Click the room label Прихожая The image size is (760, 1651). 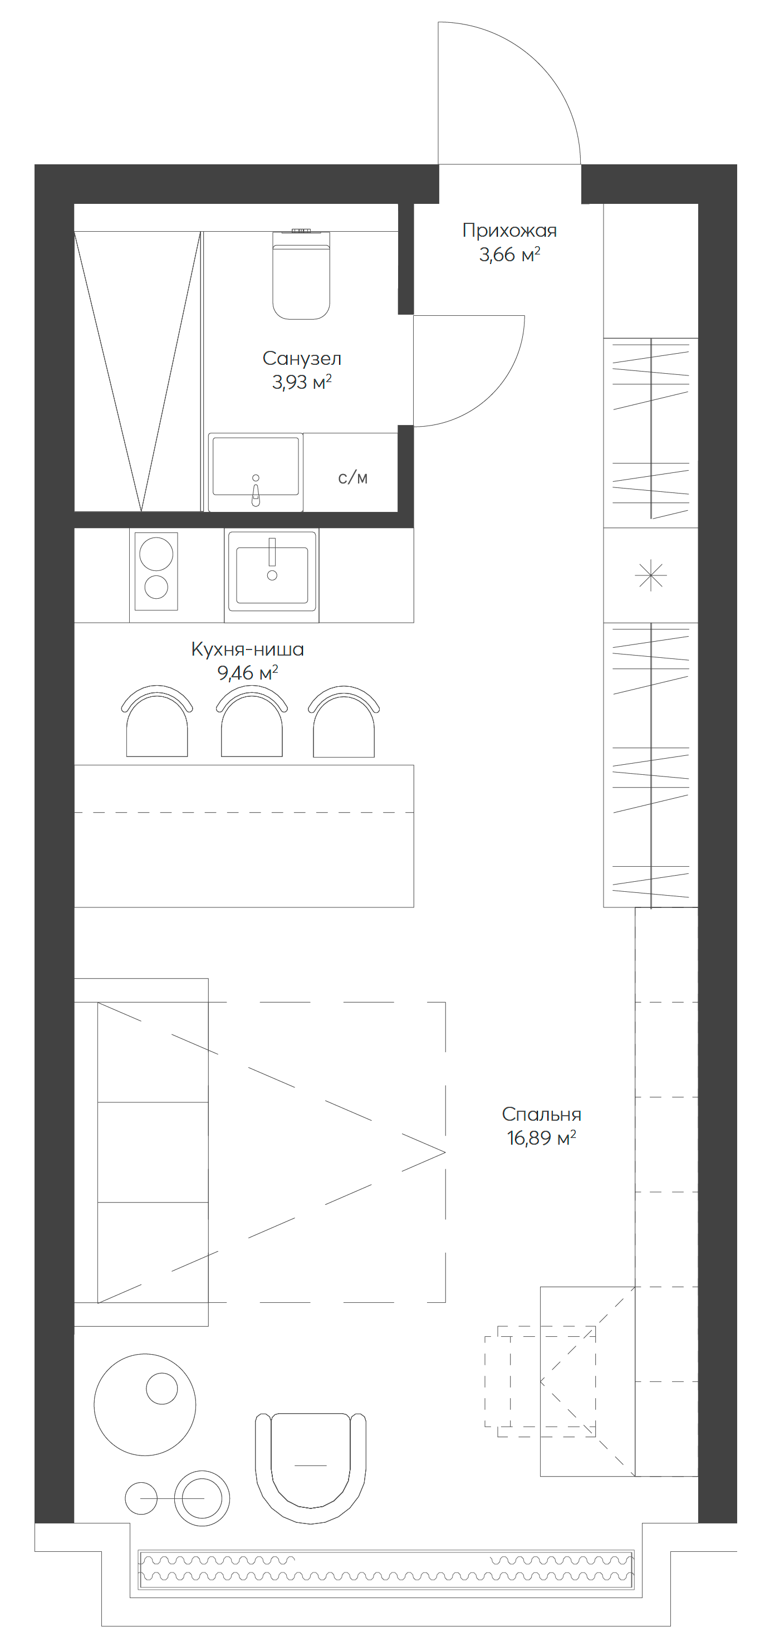[509, 230]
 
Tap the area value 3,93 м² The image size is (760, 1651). [301, 383]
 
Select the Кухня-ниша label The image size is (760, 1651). [247, 649]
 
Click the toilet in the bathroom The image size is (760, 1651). [301, 276]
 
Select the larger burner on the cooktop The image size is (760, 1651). [156, 554]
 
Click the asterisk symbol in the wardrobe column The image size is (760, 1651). [650, 575]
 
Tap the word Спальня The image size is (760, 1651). [542, 1114]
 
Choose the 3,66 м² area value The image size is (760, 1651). [509, 255]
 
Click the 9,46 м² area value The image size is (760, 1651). [247, 673]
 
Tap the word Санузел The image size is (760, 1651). [302, 358]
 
